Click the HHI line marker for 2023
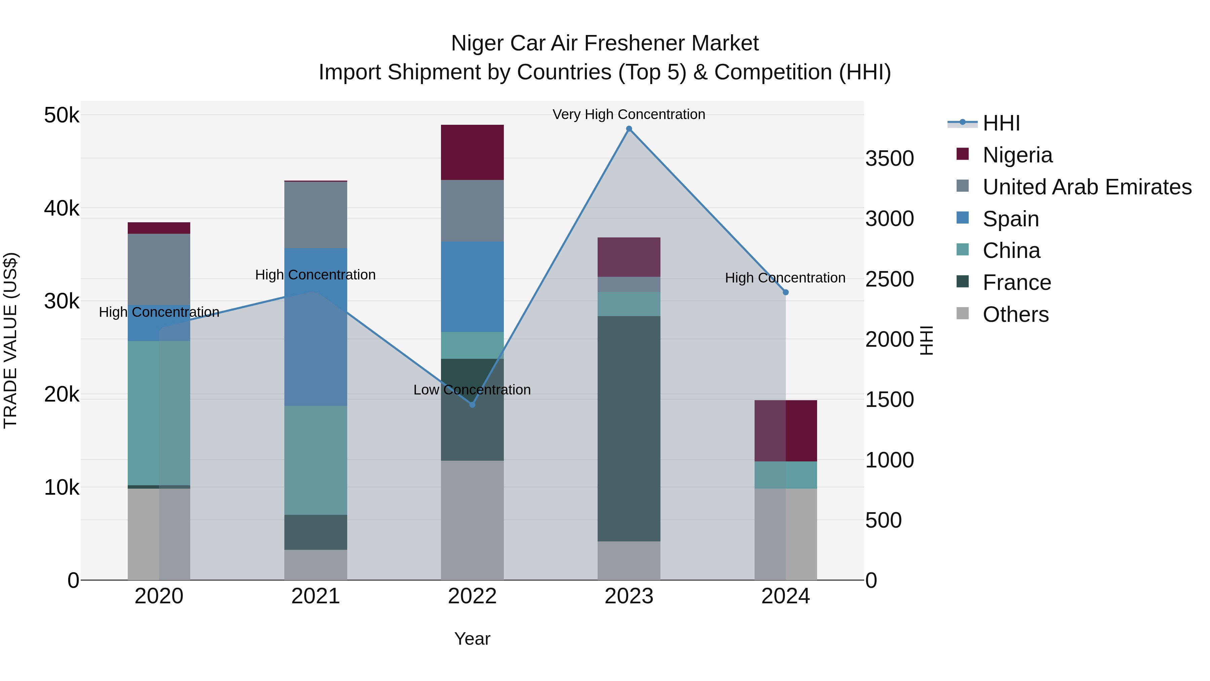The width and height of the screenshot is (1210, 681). click(629, 129)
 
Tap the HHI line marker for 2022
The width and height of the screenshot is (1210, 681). click(473, 405)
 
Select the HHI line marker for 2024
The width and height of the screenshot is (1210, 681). click(785, 292)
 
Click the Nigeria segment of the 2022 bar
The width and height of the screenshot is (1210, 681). click(472, 152)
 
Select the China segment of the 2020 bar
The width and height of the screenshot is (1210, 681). click(159, 413)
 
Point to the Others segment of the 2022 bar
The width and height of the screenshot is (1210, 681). click(472, 520)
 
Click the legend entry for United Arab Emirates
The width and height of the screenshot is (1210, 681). click(1087, 187)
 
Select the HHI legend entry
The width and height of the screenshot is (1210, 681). click(1001, 123)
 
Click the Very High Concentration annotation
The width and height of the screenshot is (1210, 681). click(629, 115)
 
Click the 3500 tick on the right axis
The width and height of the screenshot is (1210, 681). click(889, 159)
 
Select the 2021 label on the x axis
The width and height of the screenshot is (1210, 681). click(315, 596)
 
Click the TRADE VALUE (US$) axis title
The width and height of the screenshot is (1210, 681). click(10, 340)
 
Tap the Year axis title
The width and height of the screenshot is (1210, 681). click(472, 639)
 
